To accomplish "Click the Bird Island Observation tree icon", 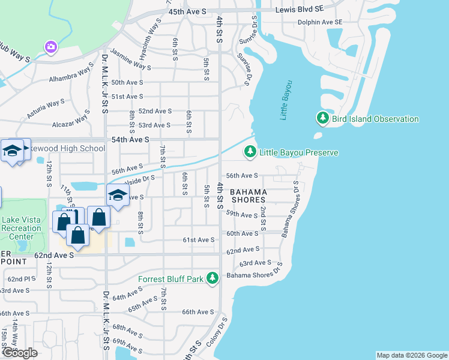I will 323,119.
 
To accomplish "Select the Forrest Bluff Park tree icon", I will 212,278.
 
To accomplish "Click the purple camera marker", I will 50,47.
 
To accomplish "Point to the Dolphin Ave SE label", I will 320,22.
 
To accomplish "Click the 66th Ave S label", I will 198,312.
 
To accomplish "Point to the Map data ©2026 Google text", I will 411,355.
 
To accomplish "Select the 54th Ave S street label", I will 130,139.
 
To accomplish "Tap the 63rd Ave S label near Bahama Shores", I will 255,263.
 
